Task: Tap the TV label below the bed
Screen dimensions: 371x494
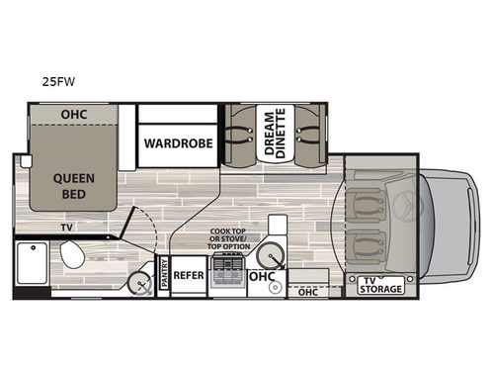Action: pos(65,227)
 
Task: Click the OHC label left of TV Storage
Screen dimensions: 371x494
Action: pos(308,292)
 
